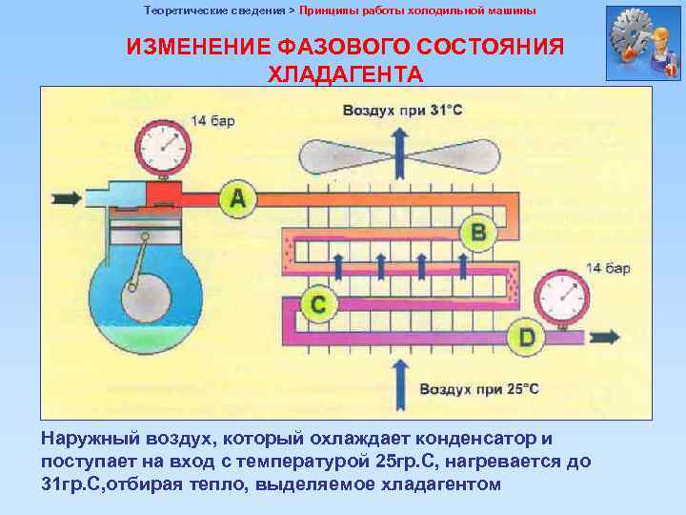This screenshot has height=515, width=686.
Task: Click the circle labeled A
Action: click(x=238, y=198)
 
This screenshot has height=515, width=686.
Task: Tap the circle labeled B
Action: click(x=478, y=232)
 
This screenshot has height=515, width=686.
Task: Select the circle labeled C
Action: click(x=319, y=304)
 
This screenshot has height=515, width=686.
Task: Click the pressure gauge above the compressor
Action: click(x=163, y=148)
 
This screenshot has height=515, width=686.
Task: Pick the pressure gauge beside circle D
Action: click(x=562, y=297)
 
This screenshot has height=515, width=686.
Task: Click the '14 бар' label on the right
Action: click(x=607, y=268)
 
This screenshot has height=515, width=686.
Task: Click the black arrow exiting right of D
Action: click(x=604, y=338)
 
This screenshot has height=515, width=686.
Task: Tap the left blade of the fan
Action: click(x=334, y=154)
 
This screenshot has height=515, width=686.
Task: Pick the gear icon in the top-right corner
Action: click(x=641, y=43)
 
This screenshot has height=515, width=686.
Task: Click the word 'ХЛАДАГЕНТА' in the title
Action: click(x=345, y=73)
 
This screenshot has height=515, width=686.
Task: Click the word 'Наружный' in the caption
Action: click(x=90, y=439)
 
